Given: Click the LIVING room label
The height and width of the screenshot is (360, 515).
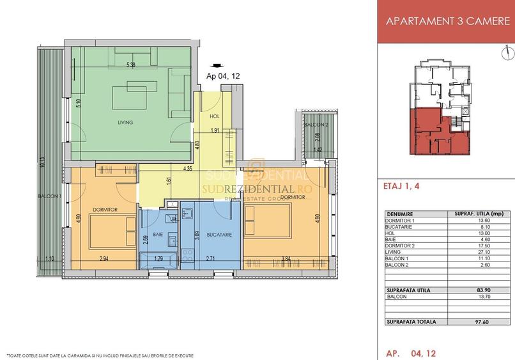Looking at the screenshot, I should (125, 122).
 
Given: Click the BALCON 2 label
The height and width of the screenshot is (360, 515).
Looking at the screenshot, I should (316, 125).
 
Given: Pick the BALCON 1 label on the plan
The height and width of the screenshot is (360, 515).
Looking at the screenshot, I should (50, 196).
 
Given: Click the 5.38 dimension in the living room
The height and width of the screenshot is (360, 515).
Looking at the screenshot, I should (131, 65).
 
